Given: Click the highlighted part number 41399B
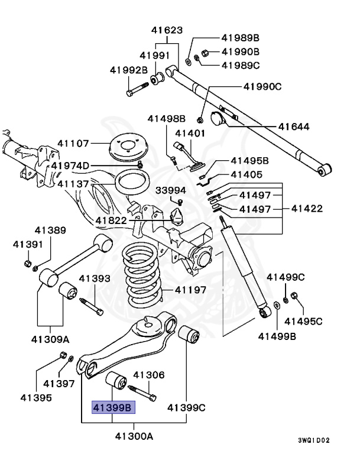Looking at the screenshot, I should point(112,407).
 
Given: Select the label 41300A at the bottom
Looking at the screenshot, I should point(134,437).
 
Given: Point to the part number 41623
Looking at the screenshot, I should point(166,30).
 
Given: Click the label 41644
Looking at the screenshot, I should point(294,127).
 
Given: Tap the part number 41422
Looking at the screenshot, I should point(306,209).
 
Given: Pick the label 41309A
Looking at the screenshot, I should point(50,339).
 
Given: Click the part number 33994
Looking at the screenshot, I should point(171,190).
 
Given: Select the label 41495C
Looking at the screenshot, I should point(303,321).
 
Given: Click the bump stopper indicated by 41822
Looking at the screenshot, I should point(177,218).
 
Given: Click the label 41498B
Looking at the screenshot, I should point(166,119).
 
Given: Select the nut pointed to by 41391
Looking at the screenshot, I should point(27,262).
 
